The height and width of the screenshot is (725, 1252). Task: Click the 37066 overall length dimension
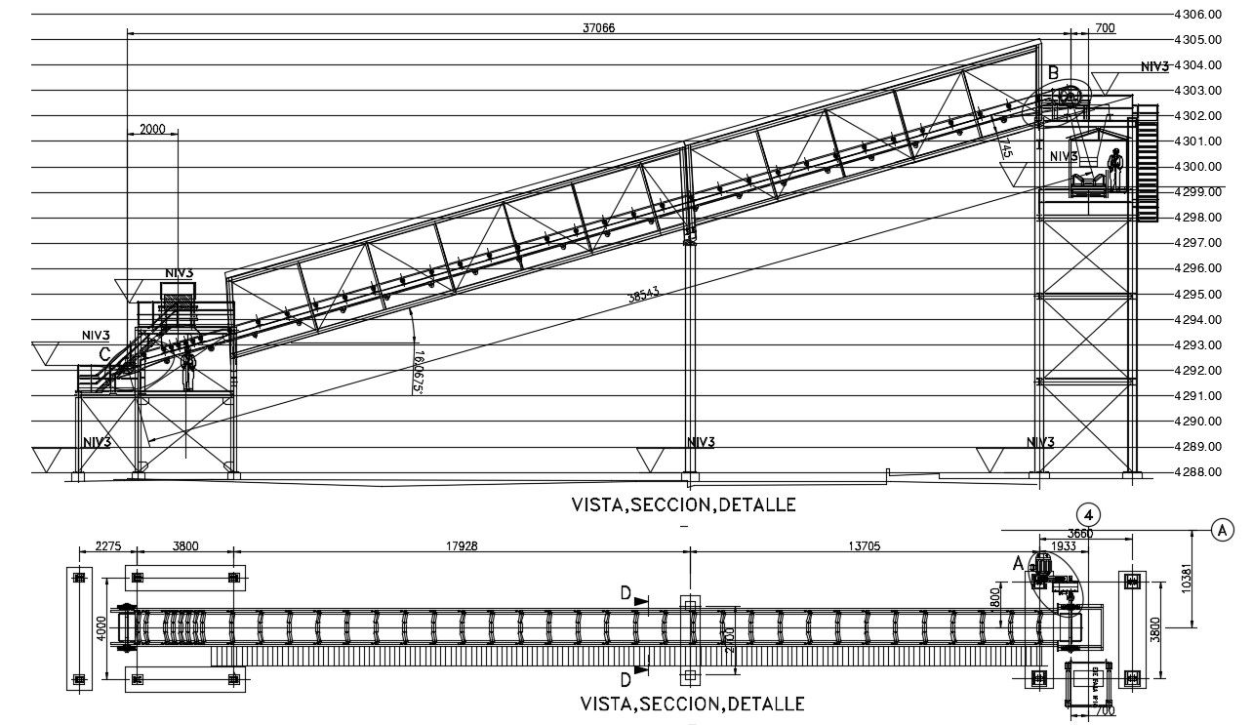[x=599, y=28]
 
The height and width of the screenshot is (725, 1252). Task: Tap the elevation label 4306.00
[x=1199, y=15]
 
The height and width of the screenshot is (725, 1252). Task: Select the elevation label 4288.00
[x=1199, y=472]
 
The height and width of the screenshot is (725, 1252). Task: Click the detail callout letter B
[x=1053, y=72]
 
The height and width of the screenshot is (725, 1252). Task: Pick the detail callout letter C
[x=104, y=354]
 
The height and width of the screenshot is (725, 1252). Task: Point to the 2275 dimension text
[x=107, y=546]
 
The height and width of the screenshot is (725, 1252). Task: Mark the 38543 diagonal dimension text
[x=644, y=295]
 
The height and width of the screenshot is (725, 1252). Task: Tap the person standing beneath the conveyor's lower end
[x=188, y=369]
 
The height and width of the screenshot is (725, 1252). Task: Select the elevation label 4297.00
[x=1199, y=243]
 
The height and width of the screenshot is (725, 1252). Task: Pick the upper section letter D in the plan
[x=626, y=593]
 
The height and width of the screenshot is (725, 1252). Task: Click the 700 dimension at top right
[x=1104, y=28]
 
